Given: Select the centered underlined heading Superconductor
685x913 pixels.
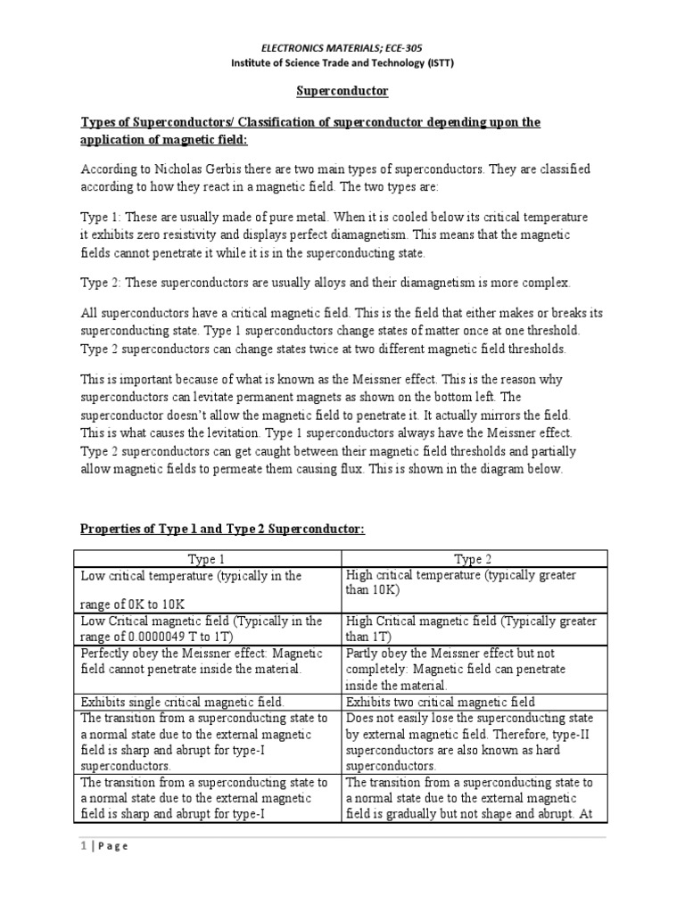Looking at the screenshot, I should tap(342, 91).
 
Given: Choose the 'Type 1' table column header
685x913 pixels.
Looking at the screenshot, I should tap(206, 559).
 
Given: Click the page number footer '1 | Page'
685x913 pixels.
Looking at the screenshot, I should tap(105, 846).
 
